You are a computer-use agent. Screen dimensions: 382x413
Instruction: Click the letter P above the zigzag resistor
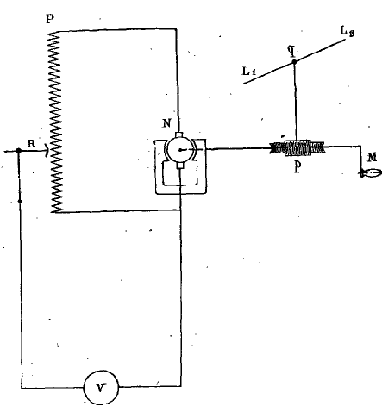click(50, 19)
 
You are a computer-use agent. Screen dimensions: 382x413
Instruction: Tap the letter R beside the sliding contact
click(32, 143)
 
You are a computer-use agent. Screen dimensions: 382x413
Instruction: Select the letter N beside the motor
click(166, 123)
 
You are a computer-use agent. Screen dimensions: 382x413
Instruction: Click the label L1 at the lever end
click(249, 71)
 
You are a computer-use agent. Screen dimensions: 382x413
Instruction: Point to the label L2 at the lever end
click(348, 31)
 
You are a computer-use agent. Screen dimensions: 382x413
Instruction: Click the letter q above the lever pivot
click(291, 51)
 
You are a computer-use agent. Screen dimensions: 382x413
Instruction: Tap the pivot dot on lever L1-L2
click(294, 61)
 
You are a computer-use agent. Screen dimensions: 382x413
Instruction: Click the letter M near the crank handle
click(373, 157)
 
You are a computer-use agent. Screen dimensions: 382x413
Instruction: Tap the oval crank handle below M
click(371, 173)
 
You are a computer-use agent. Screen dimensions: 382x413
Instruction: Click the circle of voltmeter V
click(101, 388)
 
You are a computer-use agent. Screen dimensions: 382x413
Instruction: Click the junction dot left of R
click(19, 151)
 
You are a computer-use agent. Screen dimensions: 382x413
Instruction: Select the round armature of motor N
click(180, 150)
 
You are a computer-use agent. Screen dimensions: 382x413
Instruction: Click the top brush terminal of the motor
click(178, 135)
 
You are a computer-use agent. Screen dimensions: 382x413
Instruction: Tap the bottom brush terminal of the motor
click(180, 165)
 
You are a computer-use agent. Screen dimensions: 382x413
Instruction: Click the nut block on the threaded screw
click(297, 148)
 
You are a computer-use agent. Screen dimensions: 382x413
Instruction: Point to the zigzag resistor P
click(56, 122)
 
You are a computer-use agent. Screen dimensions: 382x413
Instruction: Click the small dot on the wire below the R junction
click(20, 201)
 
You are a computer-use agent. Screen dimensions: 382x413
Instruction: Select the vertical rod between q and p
click(295, 101)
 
